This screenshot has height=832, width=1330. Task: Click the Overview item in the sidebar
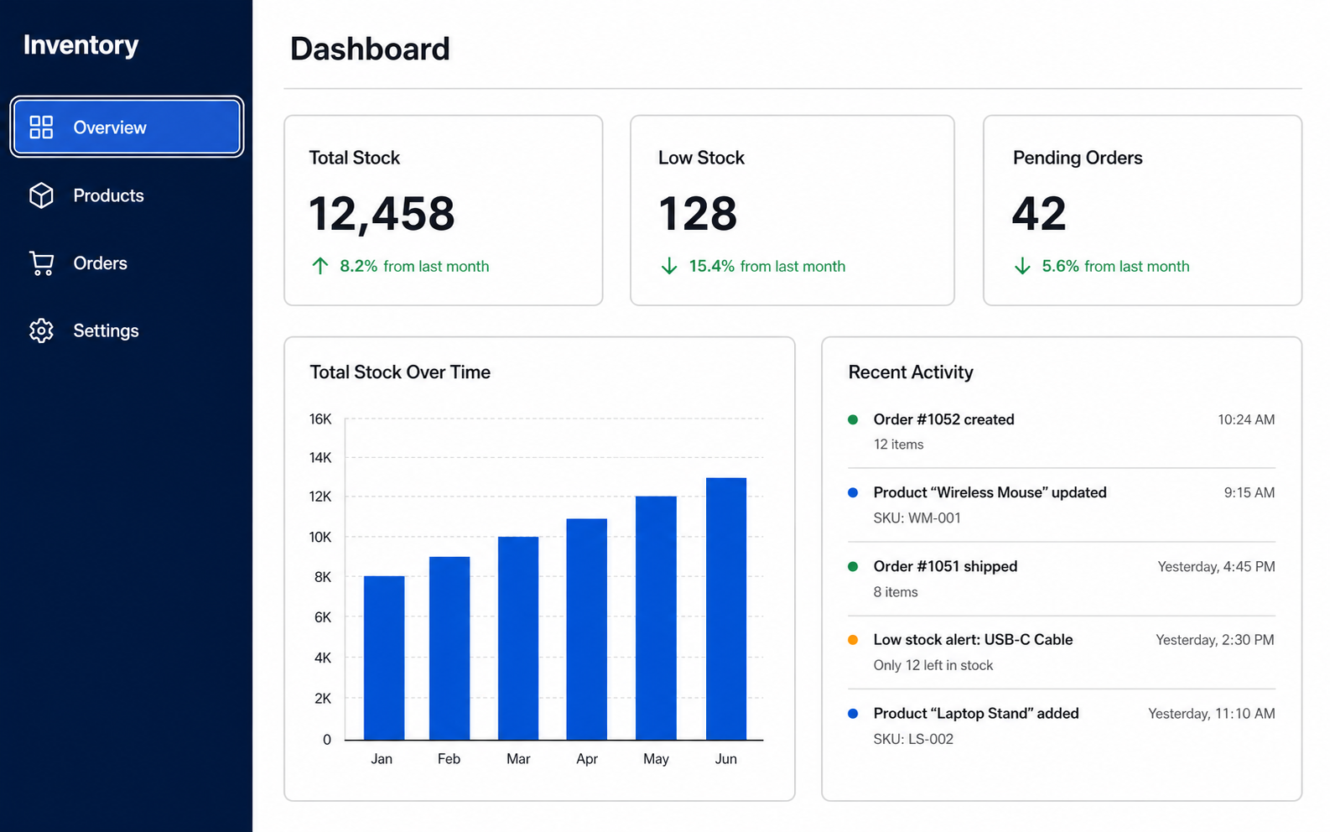pos(127,127)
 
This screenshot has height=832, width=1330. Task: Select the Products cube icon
pos(41,195)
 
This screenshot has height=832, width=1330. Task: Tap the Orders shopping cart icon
pos(42,263)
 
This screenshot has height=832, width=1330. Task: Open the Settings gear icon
pos(41,330)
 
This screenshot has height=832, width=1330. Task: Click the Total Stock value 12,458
pos(382,213)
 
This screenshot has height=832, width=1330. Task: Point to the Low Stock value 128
pos(698,213)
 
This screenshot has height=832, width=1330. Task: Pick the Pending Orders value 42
pos(1039,213)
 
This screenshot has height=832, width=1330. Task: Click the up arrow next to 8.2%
pos(320,266)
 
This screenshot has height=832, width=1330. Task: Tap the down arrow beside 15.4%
pos(669,266)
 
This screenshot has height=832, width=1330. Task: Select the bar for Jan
pos(384,658)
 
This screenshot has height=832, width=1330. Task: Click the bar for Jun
pos(726,609)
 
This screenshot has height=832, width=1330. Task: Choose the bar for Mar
pos(518,638)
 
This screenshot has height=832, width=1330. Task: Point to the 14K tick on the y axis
pos(320,458)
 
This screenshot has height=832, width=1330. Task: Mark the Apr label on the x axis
pos(587,759)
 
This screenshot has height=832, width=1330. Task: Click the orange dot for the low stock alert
pos(853,640)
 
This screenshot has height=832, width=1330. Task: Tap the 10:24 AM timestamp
pos(1246,420)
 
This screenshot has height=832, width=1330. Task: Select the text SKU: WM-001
pos(917,517)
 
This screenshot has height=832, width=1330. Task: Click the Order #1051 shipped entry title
pos(945,566)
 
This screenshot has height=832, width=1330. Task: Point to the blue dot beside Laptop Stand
pos(853,713)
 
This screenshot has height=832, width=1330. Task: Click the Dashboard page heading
pos(370,49)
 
